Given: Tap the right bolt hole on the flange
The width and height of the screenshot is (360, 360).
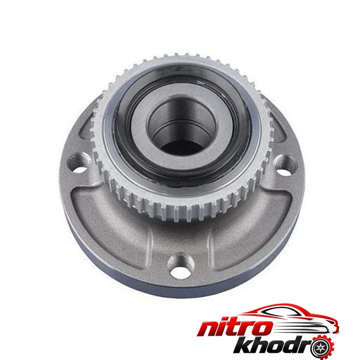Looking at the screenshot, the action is coord(285,166).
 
